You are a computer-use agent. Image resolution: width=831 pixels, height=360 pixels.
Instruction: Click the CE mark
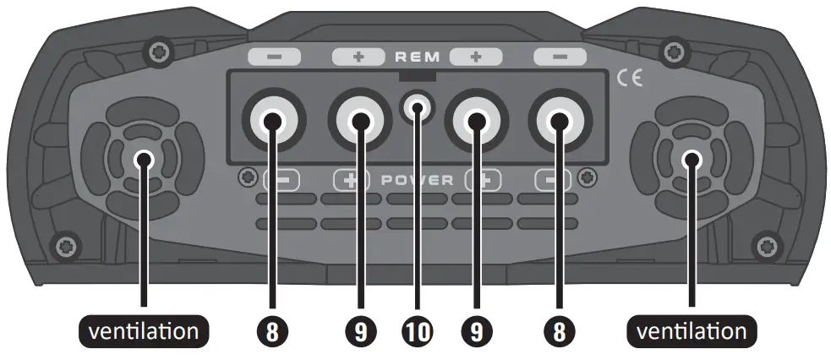pyautogui.click(x=630, y=79)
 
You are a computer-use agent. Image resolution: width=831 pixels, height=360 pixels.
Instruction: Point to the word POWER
pyautogui.click(x=418, y=180)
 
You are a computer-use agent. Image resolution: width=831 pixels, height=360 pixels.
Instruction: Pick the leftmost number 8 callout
pyautogui.click(x=272, y=331)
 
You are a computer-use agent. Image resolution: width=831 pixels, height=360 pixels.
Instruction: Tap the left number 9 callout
pyautogui.click(x=361, y=331)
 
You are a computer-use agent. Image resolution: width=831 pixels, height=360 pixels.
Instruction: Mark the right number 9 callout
pyautogui.click(x=474, y=331)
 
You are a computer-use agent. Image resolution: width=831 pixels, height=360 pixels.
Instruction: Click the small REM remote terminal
pyautogui.click(x=417, y=107)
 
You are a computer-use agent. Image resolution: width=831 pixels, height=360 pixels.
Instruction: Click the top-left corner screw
pyautogui.click(x=156, y=52)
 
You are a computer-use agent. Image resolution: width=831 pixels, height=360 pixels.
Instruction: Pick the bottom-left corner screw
pyautogui.click(x=63, y=247)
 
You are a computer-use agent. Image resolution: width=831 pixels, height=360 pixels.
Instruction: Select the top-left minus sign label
pyautogui.click(x=274, y=57)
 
